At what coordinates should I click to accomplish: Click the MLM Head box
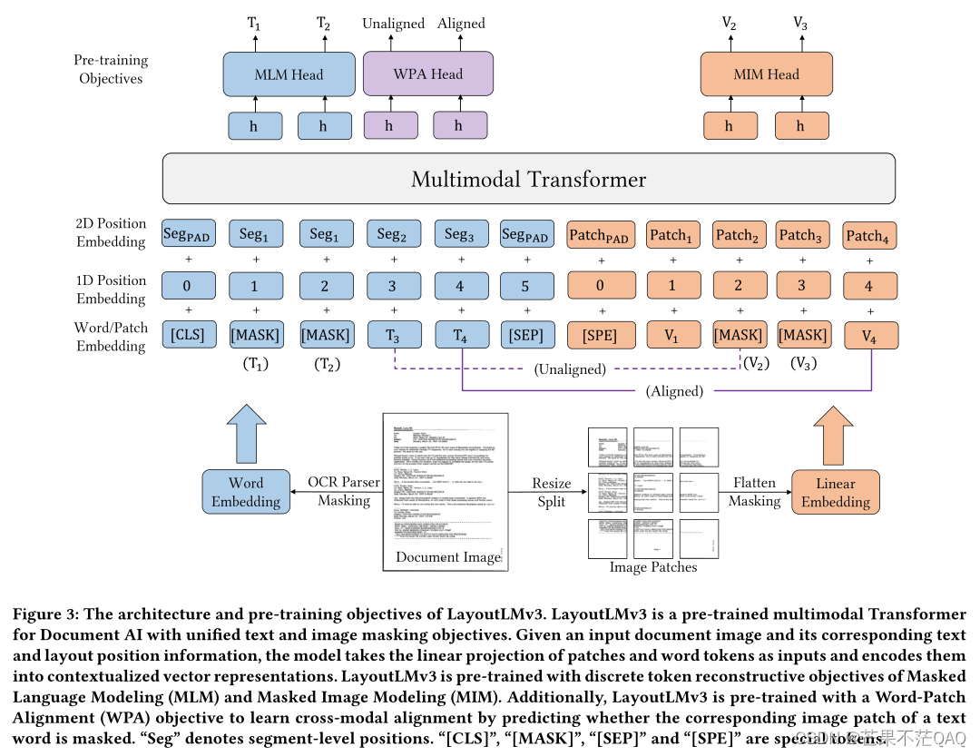pos(289,74)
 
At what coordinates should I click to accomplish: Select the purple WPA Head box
pos(427,74)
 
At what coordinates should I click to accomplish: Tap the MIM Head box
pos(766,74)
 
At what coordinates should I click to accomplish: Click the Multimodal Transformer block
pos(528,179)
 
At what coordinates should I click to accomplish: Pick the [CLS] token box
pos(188,335)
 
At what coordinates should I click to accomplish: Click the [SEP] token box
pos(527,335)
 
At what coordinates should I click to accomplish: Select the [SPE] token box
pos(599,335)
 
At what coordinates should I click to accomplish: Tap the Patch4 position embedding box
pos(869,236)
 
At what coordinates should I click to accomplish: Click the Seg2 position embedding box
pos(392,234)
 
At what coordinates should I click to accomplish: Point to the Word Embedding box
pos(245,492)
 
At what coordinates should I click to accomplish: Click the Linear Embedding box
pos(835,492)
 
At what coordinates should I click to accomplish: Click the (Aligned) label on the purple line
pos(674,392)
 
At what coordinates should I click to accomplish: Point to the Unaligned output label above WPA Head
pos(393,24)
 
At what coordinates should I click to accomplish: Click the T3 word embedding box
pos(392,335)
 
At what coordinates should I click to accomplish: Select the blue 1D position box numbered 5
pos(527,286)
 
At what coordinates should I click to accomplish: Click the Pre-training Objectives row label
pos(111,69)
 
